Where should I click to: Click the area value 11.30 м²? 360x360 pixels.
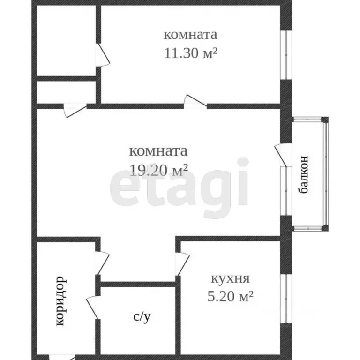(190, 53)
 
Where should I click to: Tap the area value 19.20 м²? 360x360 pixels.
(158, 170)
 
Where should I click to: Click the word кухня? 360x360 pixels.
(230, 279)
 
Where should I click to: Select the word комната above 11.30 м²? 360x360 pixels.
(190, 35)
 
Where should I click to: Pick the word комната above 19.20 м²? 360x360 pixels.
(158, 151)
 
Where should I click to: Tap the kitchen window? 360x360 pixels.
(285, 298)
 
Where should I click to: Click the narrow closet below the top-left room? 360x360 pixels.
(66, 92)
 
